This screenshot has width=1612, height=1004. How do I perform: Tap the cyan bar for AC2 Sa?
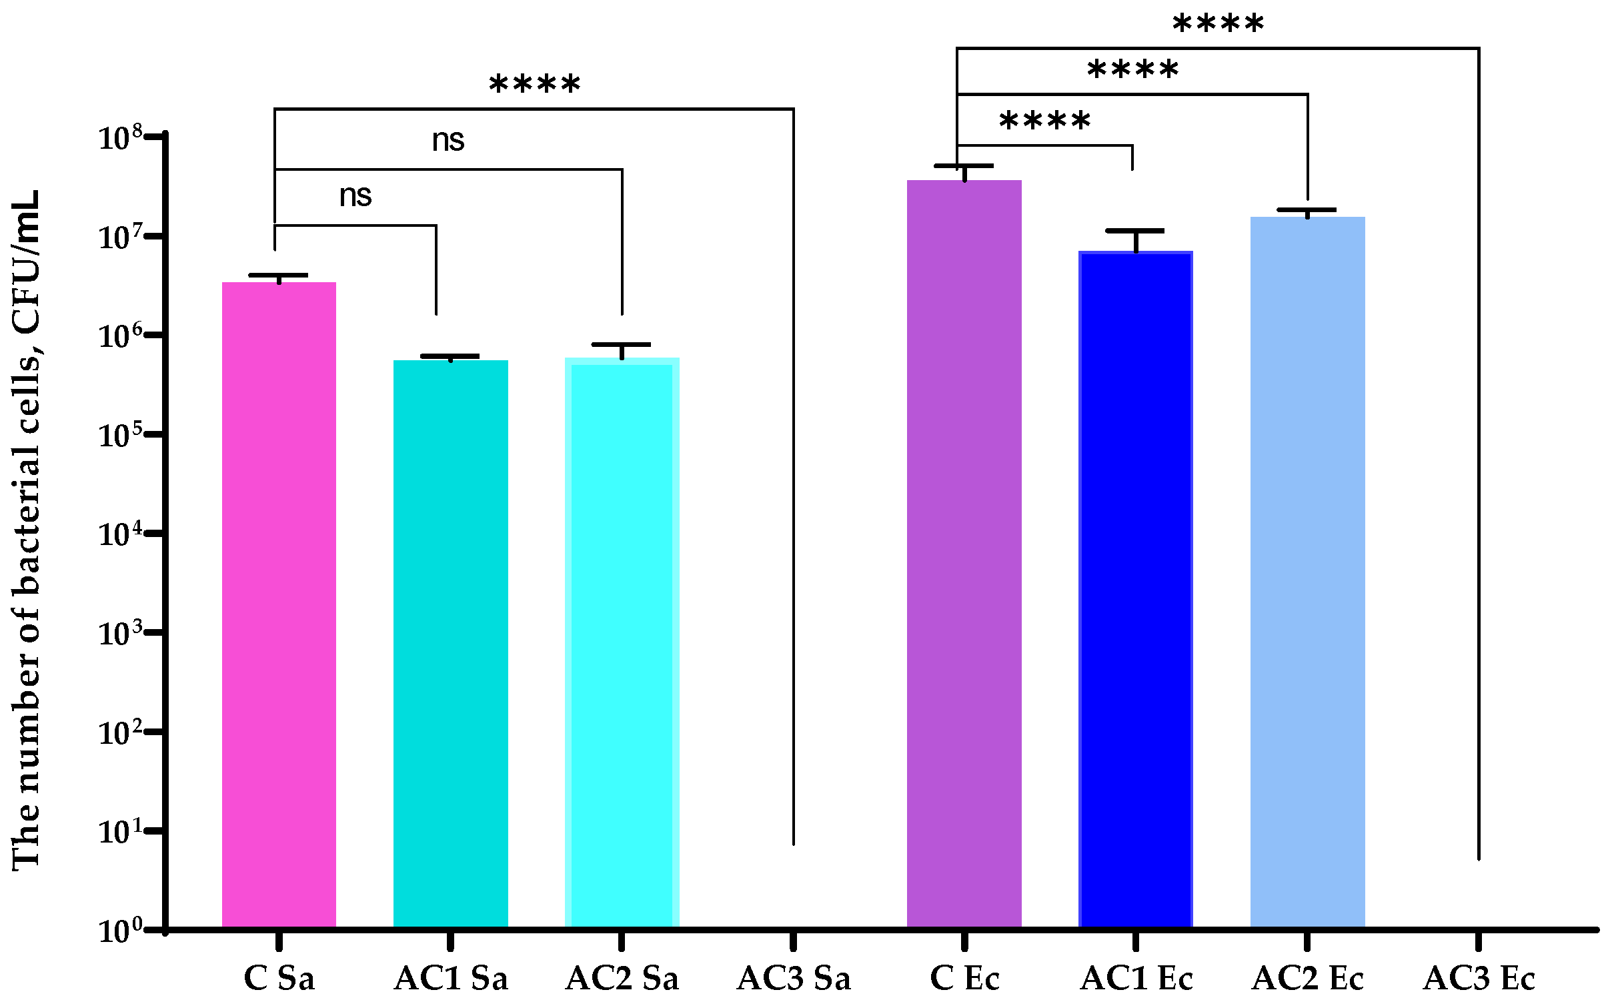622,641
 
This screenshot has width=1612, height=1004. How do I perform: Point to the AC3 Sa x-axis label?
793,979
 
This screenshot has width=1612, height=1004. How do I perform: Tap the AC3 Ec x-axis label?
1479,979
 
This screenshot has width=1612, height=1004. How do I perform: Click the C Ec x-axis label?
964,979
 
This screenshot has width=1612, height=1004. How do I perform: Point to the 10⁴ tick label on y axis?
121,534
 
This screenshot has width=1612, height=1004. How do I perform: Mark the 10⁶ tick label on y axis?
121,336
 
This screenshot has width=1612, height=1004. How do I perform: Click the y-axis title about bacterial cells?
27,530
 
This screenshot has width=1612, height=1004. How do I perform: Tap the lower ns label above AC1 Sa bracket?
355,196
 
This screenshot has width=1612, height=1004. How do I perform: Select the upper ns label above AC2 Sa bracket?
448,141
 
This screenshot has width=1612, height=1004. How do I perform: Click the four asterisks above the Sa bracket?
535,85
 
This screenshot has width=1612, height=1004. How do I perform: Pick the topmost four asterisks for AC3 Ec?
1218,25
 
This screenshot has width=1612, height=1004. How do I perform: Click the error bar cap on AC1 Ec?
1135,231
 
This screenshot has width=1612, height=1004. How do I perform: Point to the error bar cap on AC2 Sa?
621,344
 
